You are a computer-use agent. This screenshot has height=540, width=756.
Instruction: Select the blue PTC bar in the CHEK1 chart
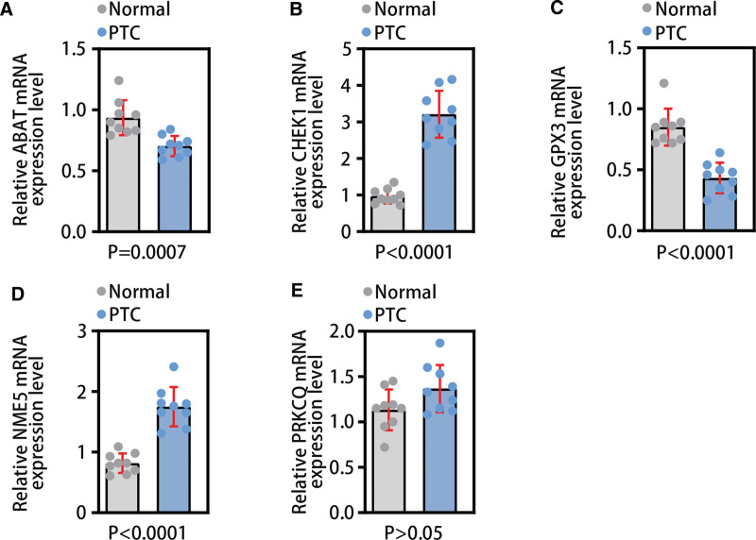tap(438, 179)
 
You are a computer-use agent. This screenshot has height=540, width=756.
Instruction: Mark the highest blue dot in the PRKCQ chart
tap(439, 344)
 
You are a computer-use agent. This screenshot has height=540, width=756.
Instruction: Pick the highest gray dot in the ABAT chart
tap(118, 81)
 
